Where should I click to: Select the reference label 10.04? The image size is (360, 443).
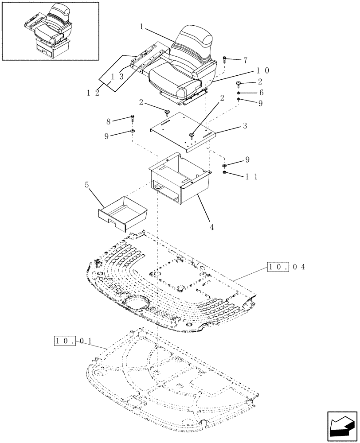pos(285,267)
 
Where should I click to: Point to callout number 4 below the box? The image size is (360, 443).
pos(212,227)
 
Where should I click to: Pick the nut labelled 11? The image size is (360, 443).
pos(225,172)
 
